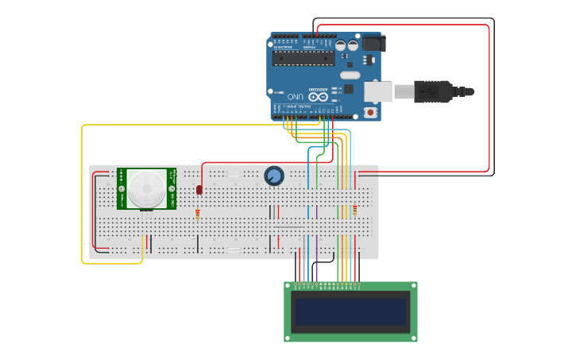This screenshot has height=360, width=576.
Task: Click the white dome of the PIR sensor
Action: [147, 188]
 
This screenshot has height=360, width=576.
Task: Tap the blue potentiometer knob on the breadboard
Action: [274, 176]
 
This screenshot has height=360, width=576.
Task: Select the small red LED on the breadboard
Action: [199, 189]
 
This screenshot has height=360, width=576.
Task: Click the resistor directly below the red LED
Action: [198, 213]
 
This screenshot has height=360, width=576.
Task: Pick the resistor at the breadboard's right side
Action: [354, 210]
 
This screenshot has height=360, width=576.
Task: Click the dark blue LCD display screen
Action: [350, 311]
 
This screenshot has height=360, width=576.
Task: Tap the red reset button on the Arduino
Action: [370, 112]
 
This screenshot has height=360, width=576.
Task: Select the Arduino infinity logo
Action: [318, 95]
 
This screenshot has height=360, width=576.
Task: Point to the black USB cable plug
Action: [433, 91]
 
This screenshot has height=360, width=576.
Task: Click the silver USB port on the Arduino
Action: [378, 91]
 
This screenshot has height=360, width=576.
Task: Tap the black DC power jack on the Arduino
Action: [371, 42]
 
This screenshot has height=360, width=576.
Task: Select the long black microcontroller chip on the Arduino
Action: [303, 58]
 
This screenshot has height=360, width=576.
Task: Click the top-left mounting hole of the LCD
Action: [288, 285]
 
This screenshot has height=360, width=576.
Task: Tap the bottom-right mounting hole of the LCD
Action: [413, 338]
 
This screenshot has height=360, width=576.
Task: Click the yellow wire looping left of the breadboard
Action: [83, 199]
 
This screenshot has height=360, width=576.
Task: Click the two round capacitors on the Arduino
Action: [346, 46]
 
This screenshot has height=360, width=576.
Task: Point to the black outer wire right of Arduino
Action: [493, 95]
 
